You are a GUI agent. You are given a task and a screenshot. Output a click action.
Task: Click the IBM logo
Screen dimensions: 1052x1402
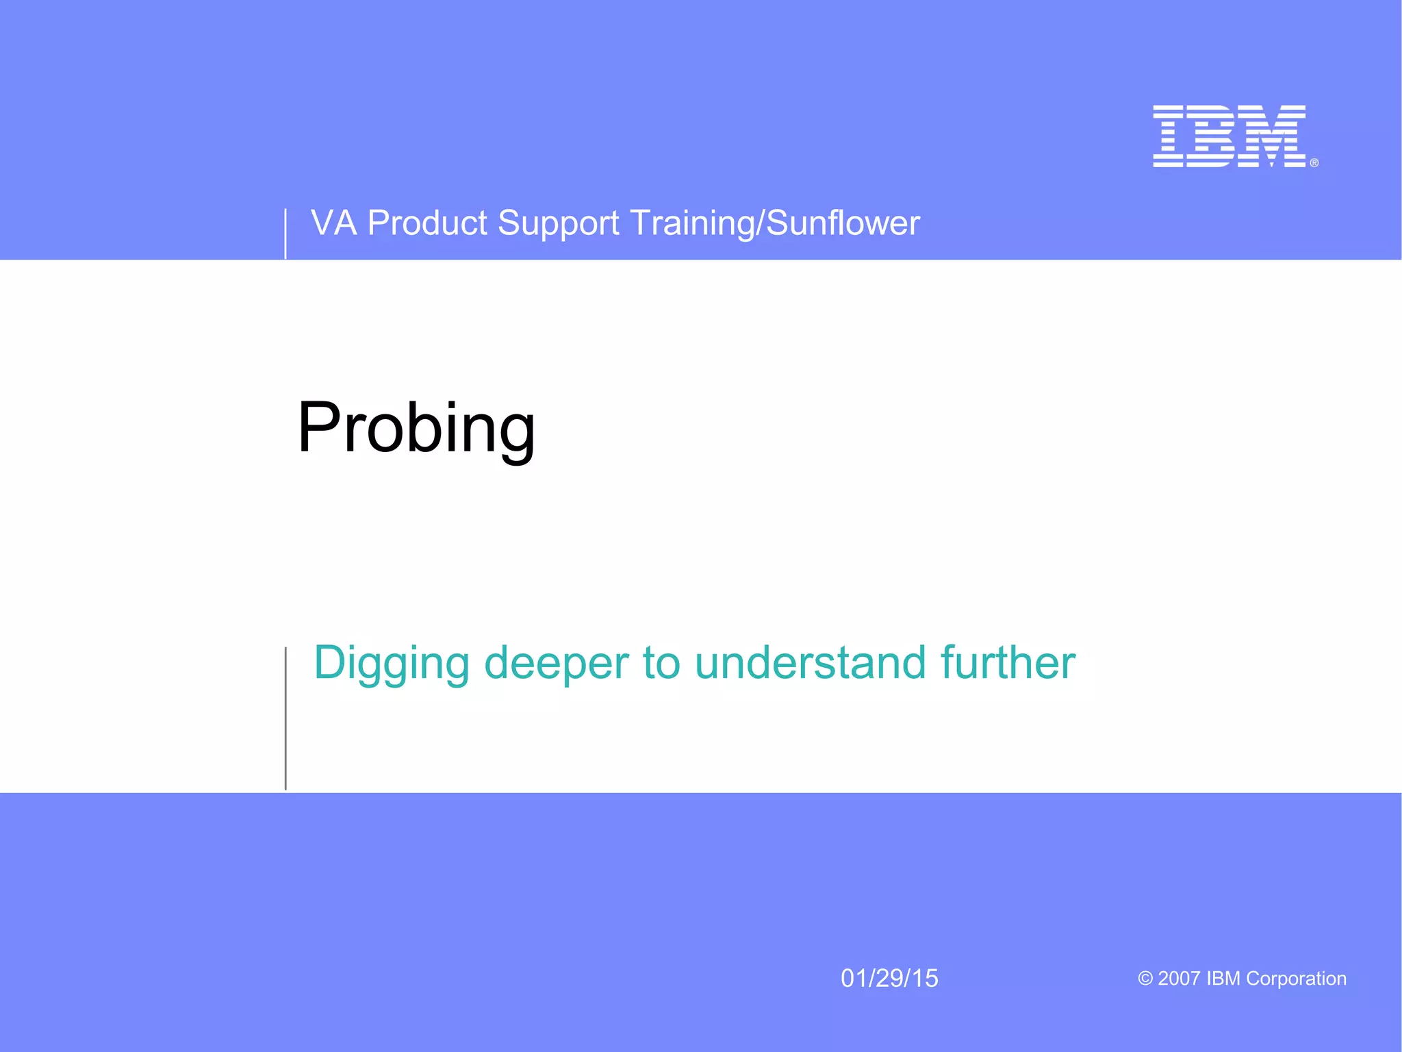pyautogui.click(x=1229, y=136)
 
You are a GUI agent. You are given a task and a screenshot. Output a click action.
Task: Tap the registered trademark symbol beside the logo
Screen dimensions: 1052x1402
pyautogui.click(x=1314, y=163)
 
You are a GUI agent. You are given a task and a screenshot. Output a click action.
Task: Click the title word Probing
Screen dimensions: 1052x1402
pyautogui.click(x=416, y=428)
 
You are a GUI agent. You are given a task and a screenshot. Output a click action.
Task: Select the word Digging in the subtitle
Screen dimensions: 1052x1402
pyautogui.click(x=392, y=663)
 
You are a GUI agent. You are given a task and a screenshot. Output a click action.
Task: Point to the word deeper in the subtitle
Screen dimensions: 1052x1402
pyautogui.click(x=556, y=663)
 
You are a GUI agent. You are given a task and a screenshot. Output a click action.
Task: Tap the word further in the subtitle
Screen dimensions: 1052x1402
pyautogui.click(x=1007, y=663)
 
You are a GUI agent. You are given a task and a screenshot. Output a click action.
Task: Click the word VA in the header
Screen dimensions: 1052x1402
pyautogui.click(x=333, y=223)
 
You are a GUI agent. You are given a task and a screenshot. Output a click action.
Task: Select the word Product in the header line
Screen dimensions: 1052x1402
pyautogui.click(x=426, y=223)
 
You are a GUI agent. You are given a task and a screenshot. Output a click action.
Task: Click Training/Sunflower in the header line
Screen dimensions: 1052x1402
pyautogui.click(x=774, y=223)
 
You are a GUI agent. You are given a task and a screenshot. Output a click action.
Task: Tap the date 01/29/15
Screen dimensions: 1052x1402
pyautogui.click(x=889, y=978)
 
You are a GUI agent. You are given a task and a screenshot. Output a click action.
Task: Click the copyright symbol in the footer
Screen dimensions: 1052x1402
pyautogui.click(x=1145, y=978)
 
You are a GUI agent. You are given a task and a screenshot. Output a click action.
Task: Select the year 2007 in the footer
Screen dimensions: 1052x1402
pyautogui.click(x=1179, y=978)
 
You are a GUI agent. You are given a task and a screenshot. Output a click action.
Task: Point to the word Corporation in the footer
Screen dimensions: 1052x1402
pyautogui.click(x=1296, y=978)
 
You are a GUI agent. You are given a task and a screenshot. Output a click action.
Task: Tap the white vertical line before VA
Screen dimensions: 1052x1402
pyautogui.click(x=285, y=234)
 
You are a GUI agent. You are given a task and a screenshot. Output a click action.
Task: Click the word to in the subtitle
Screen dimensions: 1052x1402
pyautogui.click(x=661, y=663)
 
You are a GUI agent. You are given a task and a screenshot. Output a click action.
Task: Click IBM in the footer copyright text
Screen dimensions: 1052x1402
pyautogui.click(x=1223, y=978)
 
